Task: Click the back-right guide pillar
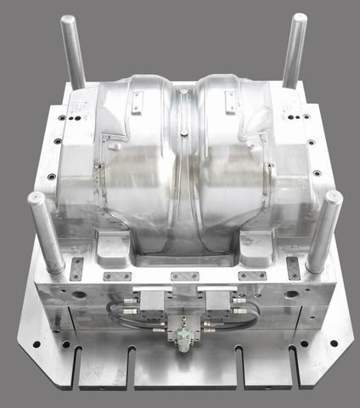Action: [x=294, y=49]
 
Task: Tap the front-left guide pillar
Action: [x=46, y=231]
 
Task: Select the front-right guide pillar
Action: [x=323, y=229]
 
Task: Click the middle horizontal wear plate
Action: [x=184, y=276]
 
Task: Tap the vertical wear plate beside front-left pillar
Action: [x=76, y=268]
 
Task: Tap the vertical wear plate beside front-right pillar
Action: [x=293, y=268]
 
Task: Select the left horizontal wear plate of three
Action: [x=117, y=276]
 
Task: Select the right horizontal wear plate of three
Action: [x=252, y=276]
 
